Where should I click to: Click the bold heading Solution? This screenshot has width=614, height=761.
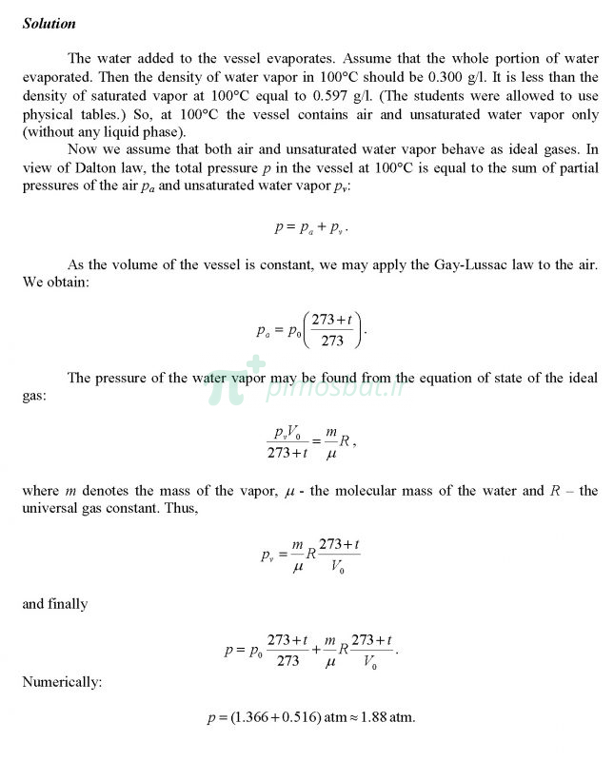tap(49, 24)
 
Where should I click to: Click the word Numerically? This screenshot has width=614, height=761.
tap(56, 682)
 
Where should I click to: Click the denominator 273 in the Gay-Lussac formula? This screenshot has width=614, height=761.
tap(333, 341)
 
